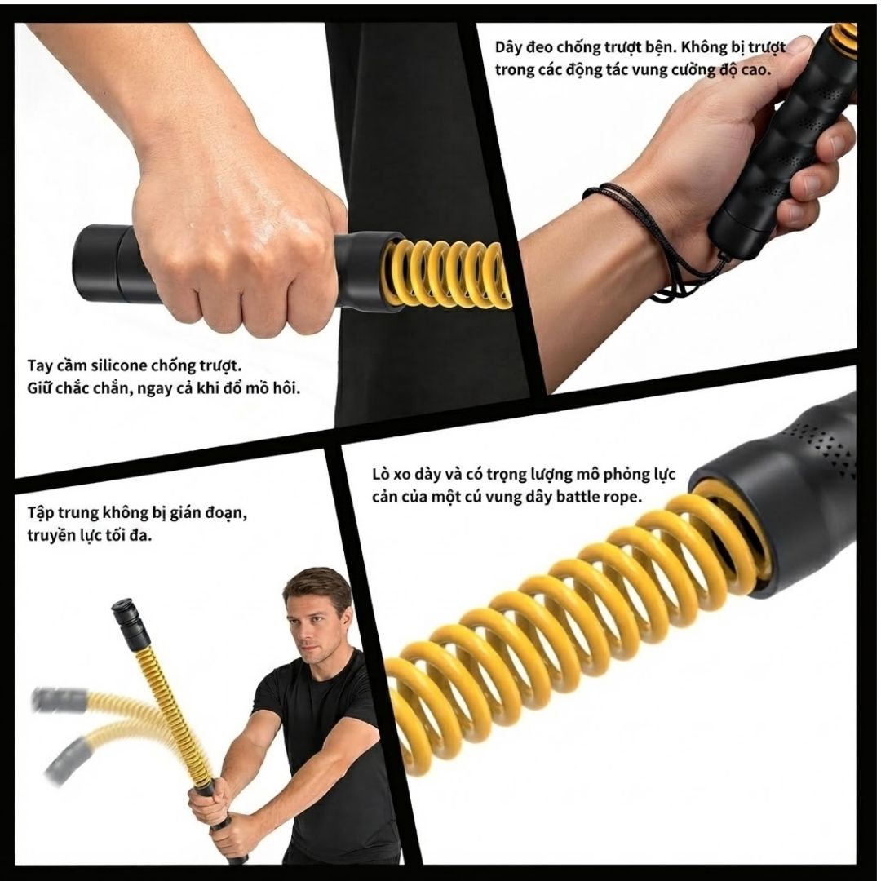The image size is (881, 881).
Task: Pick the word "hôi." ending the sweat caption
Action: click(286, 388)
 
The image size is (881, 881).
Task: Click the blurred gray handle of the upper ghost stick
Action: click(60, 700)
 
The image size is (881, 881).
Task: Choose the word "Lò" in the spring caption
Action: click(380, 475)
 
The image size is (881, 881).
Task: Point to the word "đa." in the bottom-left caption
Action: click(139, 536)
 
